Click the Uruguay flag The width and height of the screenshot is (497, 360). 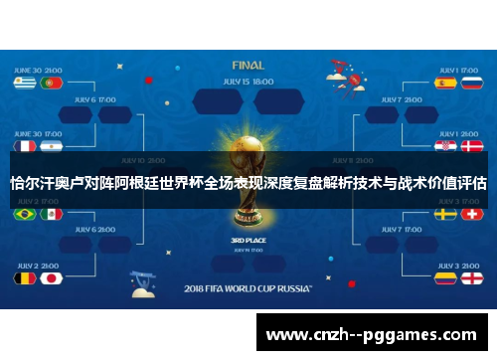pyautogui.click(x=22, y=85)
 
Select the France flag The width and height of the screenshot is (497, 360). pyautogui.click(x=22, y=145)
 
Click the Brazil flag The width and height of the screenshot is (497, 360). pyautogui.click(x=22, y=213)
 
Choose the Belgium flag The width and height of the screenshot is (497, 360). pyautogui.click(x=22, y=278)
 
